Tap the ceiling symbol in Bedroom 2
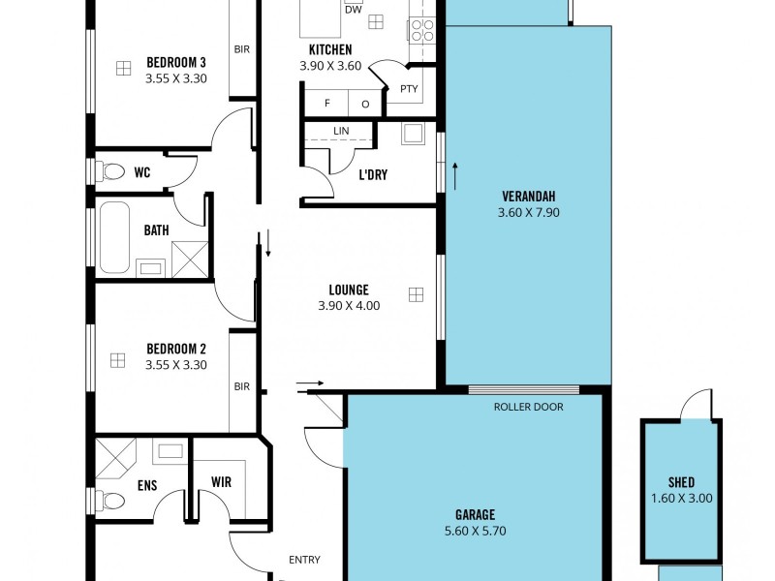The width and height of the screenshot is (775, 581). click(x=117, y=360)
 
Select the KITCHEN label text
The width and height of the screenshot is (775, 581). click(x=330, y=49)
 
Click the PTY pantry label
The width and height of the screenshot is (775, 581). click(x=408, y=89)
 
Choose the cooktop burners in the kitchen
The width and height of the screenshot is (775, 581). click(x=422, y=30)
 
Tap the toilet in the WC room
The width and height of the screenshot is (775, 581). click(x=111, y=172)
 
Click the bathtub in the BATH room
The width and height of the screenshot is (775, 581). click(x=113, y=236)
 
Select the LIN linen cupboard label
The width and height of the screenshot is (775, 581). click(x=341, y=131)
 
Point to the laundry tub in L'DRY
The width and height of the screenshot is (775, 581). click(x=413, y=134)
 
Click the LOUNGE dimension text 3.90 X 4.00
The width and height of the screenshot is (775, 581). click(x=349, y=305)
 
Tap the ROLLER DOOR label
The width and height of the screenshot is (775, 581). click(x=528, y=407)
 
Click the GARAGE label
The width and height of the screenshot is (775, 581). click(x=475, y=515)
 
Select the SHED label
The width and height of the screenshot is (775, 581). click(x=681, y=482)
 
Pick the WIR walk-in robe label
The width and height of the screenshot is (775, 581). click(x=221, y=481)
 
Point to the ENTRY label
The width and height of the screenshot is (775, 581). click(x=304, y=560)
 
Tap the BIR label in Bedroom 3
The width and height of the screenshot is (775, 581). click(x=241, y=48)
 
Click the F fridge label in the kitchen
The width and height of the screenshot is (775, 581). click(x=327, y=104)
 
